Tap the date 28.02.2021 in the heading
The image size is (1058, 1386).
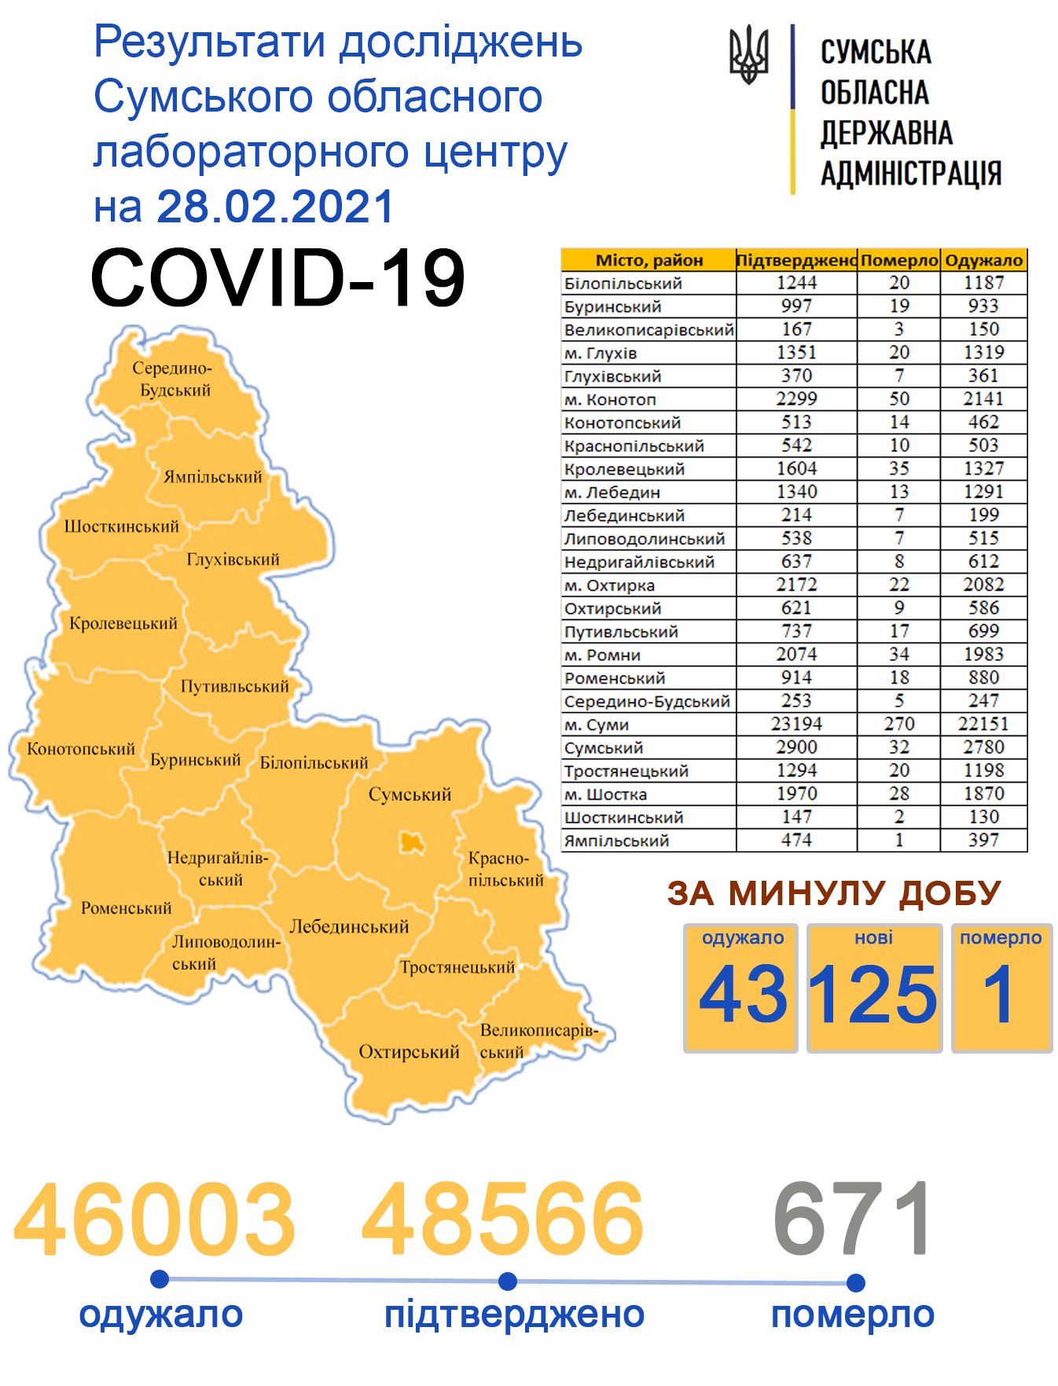(275, 207)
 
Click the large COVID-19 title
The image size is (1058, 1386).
(277, 279)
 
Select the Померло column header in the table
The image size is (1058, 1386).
(898, 260)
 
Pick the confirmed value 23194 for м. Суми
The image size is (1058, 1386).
(796, 724)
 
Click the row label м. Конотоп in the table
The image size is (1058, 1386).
(610, 399)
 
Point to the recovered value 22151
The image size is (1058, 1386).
(983, 724)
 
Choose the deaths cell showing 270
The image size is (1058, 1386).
(898, 724)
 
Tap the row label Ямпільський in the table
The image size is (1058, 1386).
(616, 841)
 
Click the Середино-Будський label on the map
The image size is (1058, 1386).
(173, 379)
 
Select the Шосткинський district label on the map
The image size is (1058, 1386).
(121, 526)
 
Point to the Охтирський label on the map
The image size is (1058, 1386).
(409, 1052)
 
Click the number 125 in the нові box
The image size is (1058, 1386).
(873, 995)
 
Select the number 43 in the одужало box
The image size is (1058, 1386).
(742, 995)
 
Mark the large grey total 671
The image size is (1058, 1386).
(854, 1219)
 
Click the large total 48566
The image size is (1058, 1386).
(503, 1219)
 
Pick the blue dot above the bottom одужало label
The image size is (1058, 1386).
(160, 1279)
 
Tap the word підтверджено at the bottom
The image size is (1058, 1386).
(514, 1315)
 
